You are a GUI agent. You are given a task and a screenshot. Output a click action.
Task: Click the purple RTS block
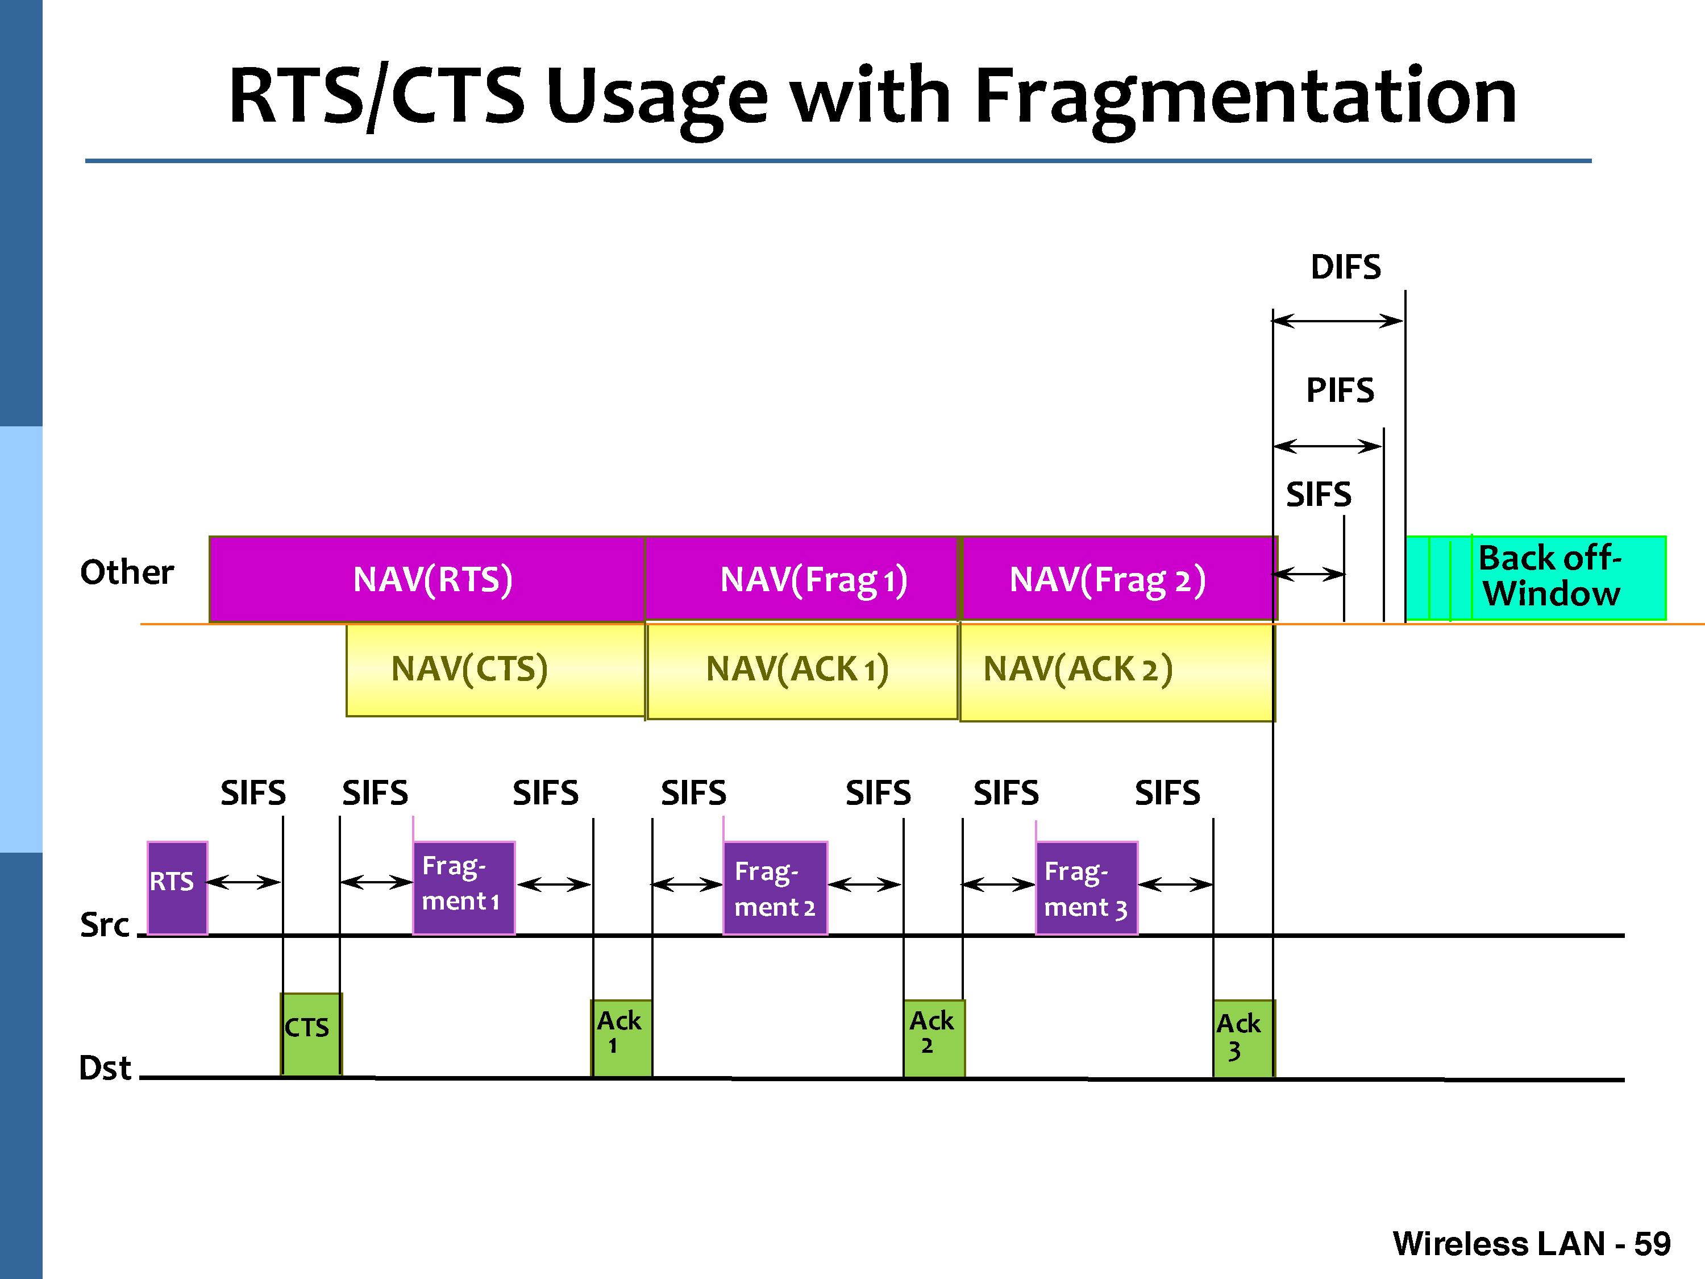[177, 887]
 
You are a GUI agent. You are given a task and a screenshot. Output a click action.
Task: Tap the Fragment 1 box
[463, 887]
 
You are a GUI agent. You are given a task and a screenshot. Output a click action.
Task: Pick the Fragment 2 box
[775, 887]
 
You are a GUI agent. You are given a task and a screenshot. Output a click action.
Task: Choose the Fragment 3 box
[1086, 887]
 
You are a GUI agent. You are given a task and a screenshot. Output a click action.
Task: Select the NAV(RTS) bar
[426, 579]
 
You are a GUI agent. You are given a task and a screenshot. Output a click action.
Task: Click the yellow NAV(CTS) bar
[495, 669]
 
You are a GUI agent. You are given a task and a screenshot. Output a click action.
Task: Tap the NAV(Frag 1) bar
[801, 579]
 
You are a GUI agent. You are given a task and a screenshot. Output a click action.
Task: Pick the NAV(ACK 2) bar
[1116, 671]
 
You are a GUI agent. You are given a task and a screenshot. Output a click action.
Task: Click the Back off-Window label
[1549, 576]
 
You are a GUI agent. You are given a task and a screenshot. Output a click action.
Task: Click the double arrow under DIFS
[1337, 321]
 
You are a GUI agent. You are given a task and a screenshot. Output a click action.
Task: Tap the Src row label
[105, 924]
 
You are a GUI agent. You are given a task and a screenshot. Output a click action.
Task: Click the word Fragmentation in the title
[1245, 97]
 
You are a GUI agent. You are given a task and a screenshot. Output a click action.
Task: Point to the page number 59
[1652, 1244]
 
